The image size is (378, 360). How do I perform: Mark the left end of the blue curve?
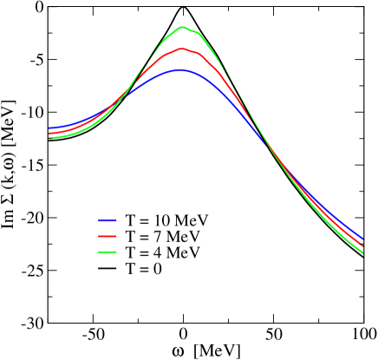[50, 128]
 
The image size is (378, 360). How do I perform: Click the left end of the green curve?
[50, 137]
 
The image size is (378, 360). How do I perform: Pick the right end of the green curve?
[362, 253]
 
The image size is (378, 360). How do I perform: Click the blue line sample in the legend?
[108, 219]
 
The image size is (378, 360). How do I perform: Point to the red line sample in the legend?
[108, 236]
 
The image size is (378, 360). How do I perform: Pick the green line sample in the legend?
[108, 252]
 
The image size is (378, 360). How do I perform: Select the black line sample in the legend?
[108, 270]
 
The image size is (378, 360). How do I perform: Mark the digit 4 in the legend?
[157, 252]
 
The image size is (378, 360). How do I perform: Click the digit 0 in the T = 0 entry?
[158, 269]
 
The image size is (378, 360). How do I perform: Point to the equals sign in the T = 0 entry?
[144, 270]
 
